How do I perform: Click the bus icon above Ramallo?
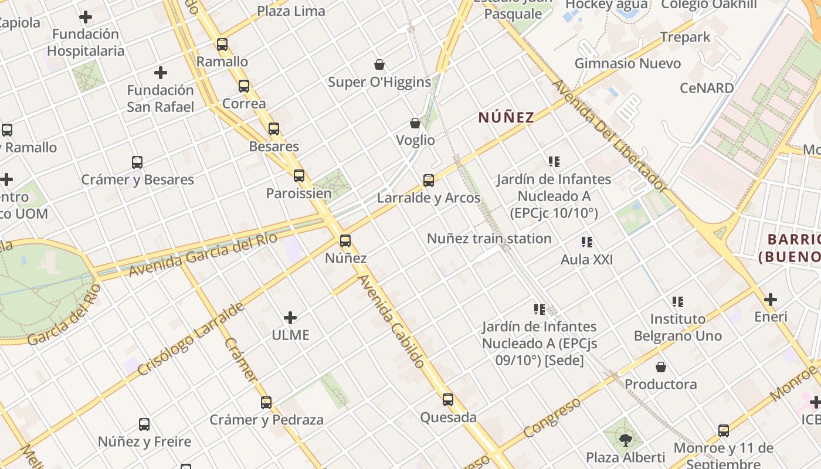click(x=222, y=44)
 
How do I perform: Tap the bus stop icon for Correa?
click(x=244, y=86)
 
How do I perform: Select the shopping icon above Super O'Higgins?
click(x=379, y=64)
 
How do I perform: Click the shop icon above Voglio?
click(x=415, y=123)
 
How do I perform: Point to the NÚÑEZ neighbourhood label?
click(x=506, y=117)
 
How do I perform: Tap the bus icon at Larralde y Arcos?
click(x=429, y=181)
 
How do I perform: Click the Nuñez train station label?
click(x=489, y=239)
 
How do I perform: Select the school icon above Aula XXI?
click(x=586, y=242)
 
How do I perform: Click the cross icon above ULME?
click(x=290, y=318)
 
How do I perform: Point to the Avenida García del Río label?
click(x=202, y=256)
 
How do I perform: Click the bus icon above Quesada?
click(x=448, y=400)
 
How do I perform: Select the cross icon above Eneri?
click(x=771, y=300)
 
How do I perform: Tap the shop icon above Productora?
click(x=661, y=367)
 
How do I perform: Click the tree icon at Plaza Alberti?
click(x=626, y=439)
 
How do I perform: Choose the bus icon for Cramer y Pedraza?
click(x=266, y=403)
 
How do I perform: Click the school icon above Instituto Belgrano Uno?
click(x=678, y=302)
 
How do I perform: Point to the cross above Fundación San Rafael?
click(x=161, y=73)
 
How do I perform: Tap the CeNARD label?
click(x=707, y=88)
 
